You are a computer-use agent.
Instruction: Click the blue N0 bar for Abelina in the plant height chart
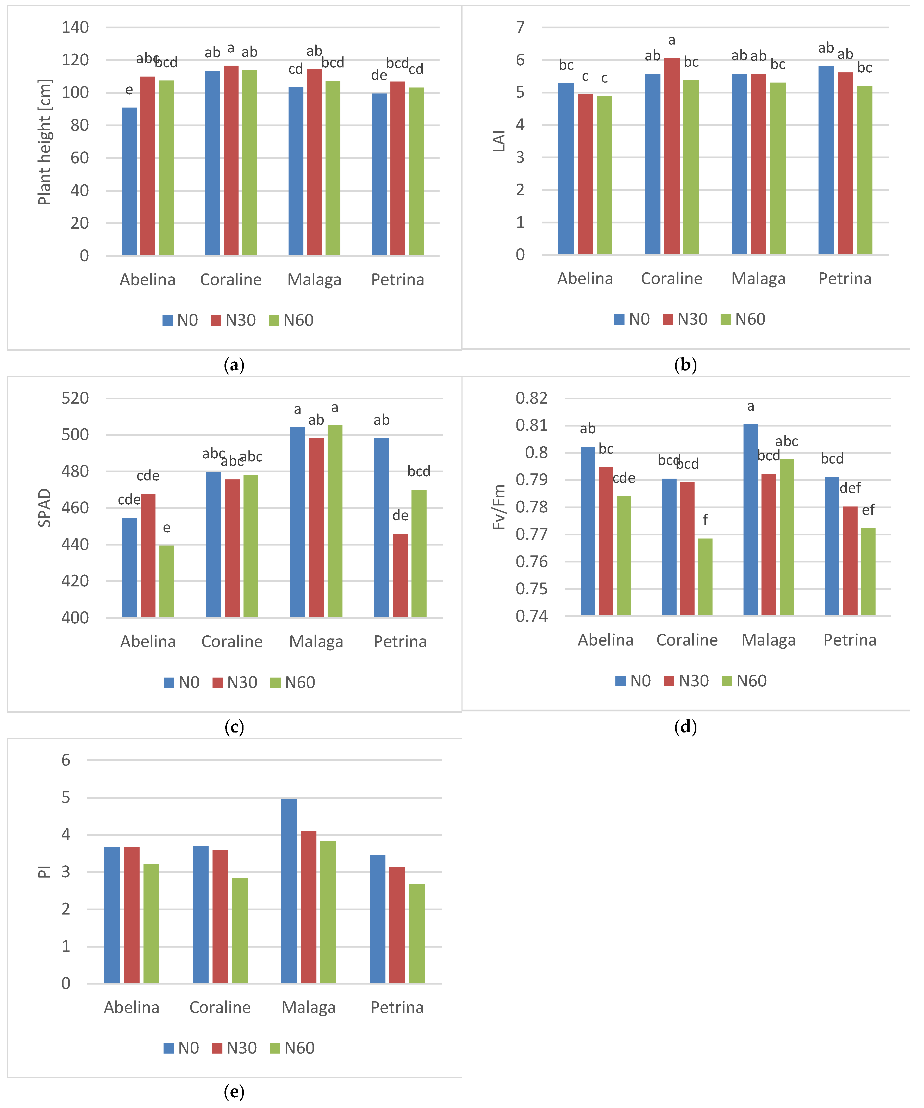[x=129, y=182]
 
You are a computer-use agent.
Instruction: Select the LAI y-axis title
[x=499, y=141]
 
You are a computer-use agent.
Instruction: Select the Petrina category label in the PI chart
[x=397, y=1008]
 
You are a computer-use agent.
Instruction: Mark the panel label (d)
[x=685, y=727]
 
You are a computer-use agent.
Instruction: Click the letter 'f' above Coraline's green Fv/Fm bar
[x=705, y=520]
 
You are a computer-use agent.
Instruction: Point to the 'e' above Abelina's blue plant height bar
[x=129, y=90]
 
